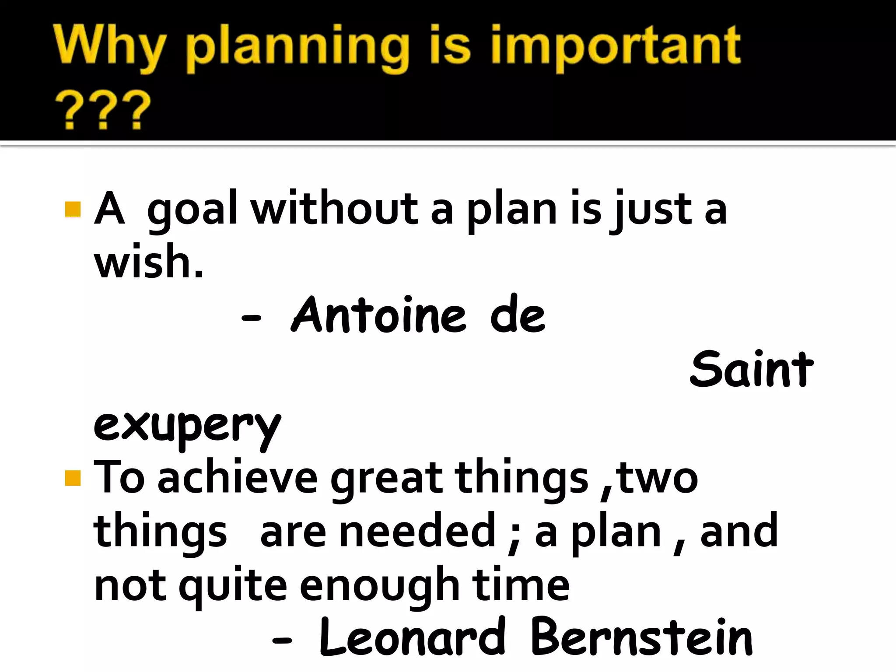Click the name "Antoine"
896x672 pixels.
coord(379,315)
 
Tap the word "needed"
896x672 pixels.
coord(417,531)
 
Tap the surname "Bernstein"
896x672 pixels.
coord(641,637)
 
